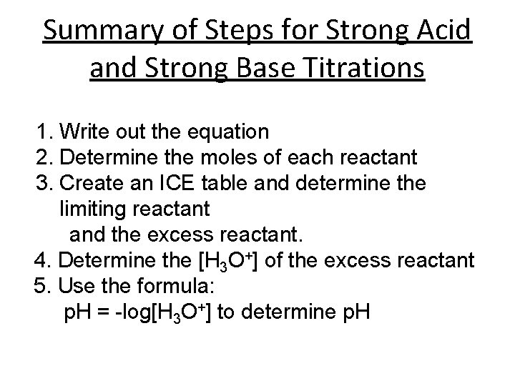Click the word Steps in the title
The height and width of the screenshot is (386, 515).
[238, 32]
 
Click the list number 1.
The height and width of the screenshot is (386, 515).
[44, 132]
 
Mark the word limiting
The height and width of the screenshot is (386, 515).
[89, 209]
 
